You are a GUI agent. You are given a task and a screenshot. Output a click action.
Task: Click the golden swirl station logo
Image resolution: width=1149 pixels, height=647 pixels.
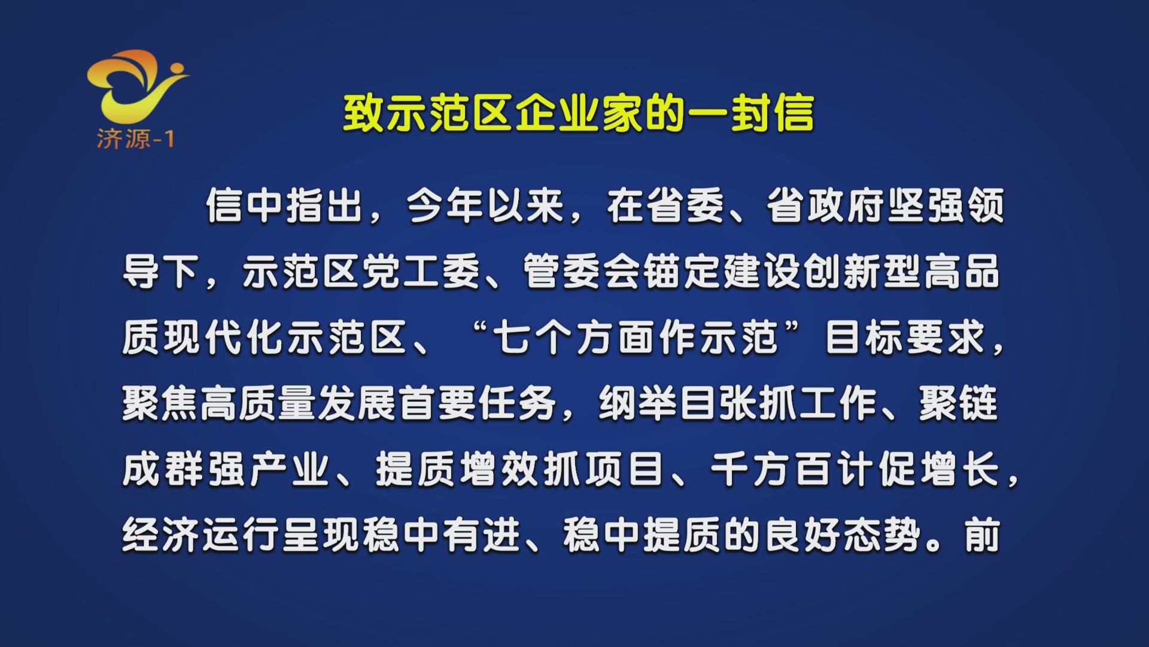click(x=136, y=87)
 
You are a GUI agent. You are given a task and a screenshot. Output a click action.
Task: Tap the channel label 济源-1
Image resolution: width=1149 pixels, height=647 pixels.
click(x=135, y=140)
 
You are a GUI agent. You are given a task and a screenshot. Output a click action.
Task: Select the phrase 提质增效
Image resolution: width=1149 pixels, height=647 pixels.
click(x=457, y=469)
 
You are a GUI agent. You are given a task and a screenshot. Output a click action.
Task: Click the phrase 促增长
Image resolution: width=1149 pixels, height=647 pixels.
click(x=940, y=469)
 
